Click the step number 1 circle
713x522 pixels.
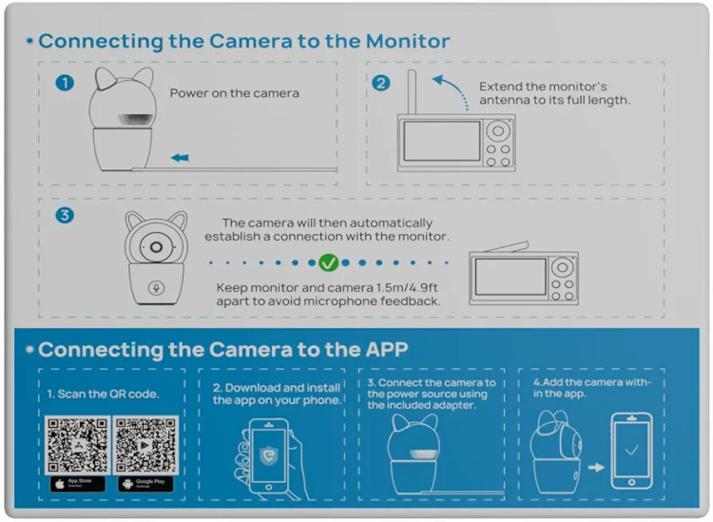[x=65, y=83]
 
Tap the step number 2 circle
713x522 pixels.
[x=381, y=83]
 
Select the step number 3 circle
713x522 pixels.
[x=65, y=215]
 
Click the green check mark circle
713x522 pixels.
[x=329, y=261]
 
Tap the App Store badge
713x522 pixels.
[x=77, y=483]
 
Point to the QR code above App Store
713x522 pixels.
[x=77, y=443]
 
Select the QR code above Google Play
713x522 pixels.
[x=145, y=443]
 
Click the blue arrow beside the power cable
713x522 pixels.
[x=179, y=158]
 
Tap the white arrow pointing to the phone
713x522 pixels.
[x=596, y=468]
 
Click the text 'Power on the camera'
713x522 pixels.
[x=235, y=93]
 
